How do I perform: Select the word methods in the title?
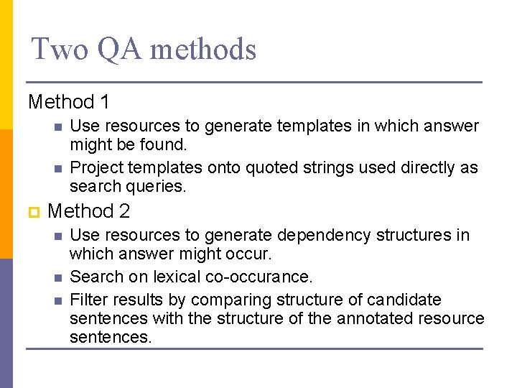[x=203, y=50]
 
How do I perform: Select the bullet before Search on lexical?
[x=57, y=277]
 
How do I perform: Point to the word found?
[x=162, y=145]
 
